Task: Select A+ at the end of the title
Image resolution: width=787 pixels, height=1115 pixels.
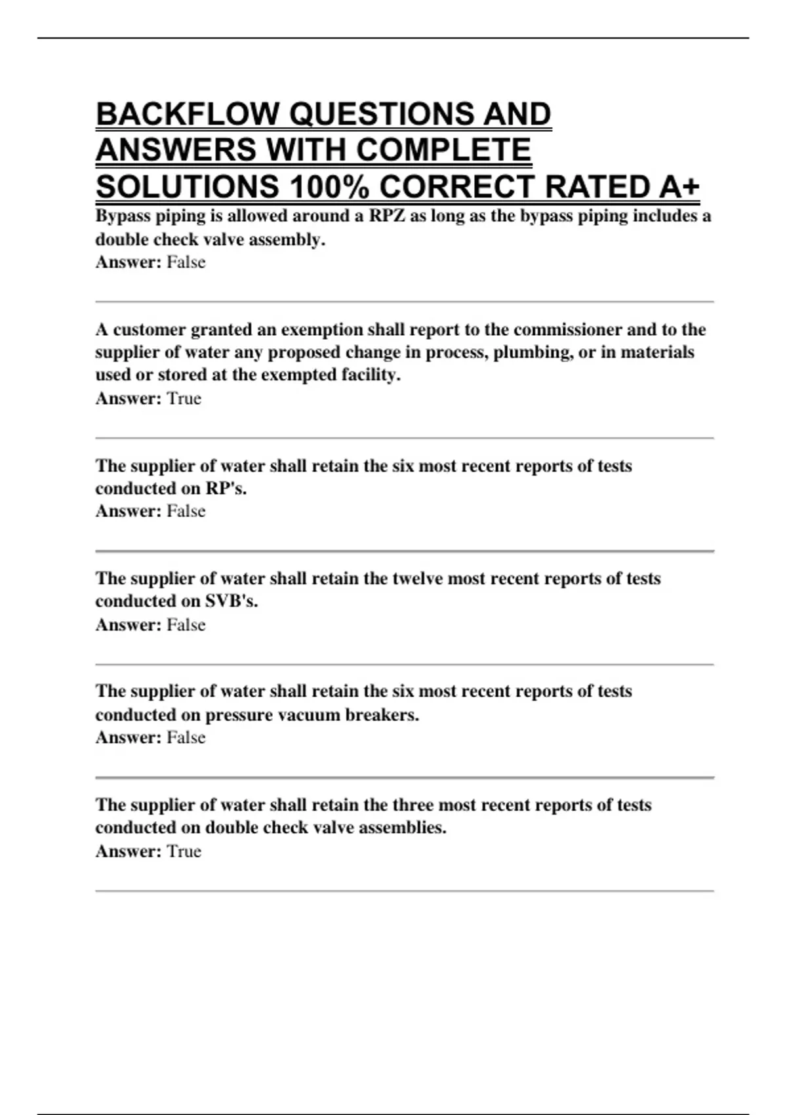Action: click(679, 187)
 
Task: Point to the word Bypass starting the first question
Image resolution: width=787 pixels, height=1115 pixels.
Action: click(123, 216)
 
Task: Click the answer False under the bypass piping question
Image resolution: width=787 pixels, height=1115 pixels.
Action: click(186, 262)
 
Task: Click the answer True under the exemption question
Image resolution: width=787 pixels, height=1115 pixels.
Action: click(184, 399)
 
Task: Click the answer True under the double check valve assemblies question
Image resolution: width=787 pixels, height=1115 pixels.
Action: click(184, 851)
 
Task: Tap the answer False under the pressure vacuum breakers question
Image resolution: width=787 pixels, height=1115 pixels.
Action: click(186, 738)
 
